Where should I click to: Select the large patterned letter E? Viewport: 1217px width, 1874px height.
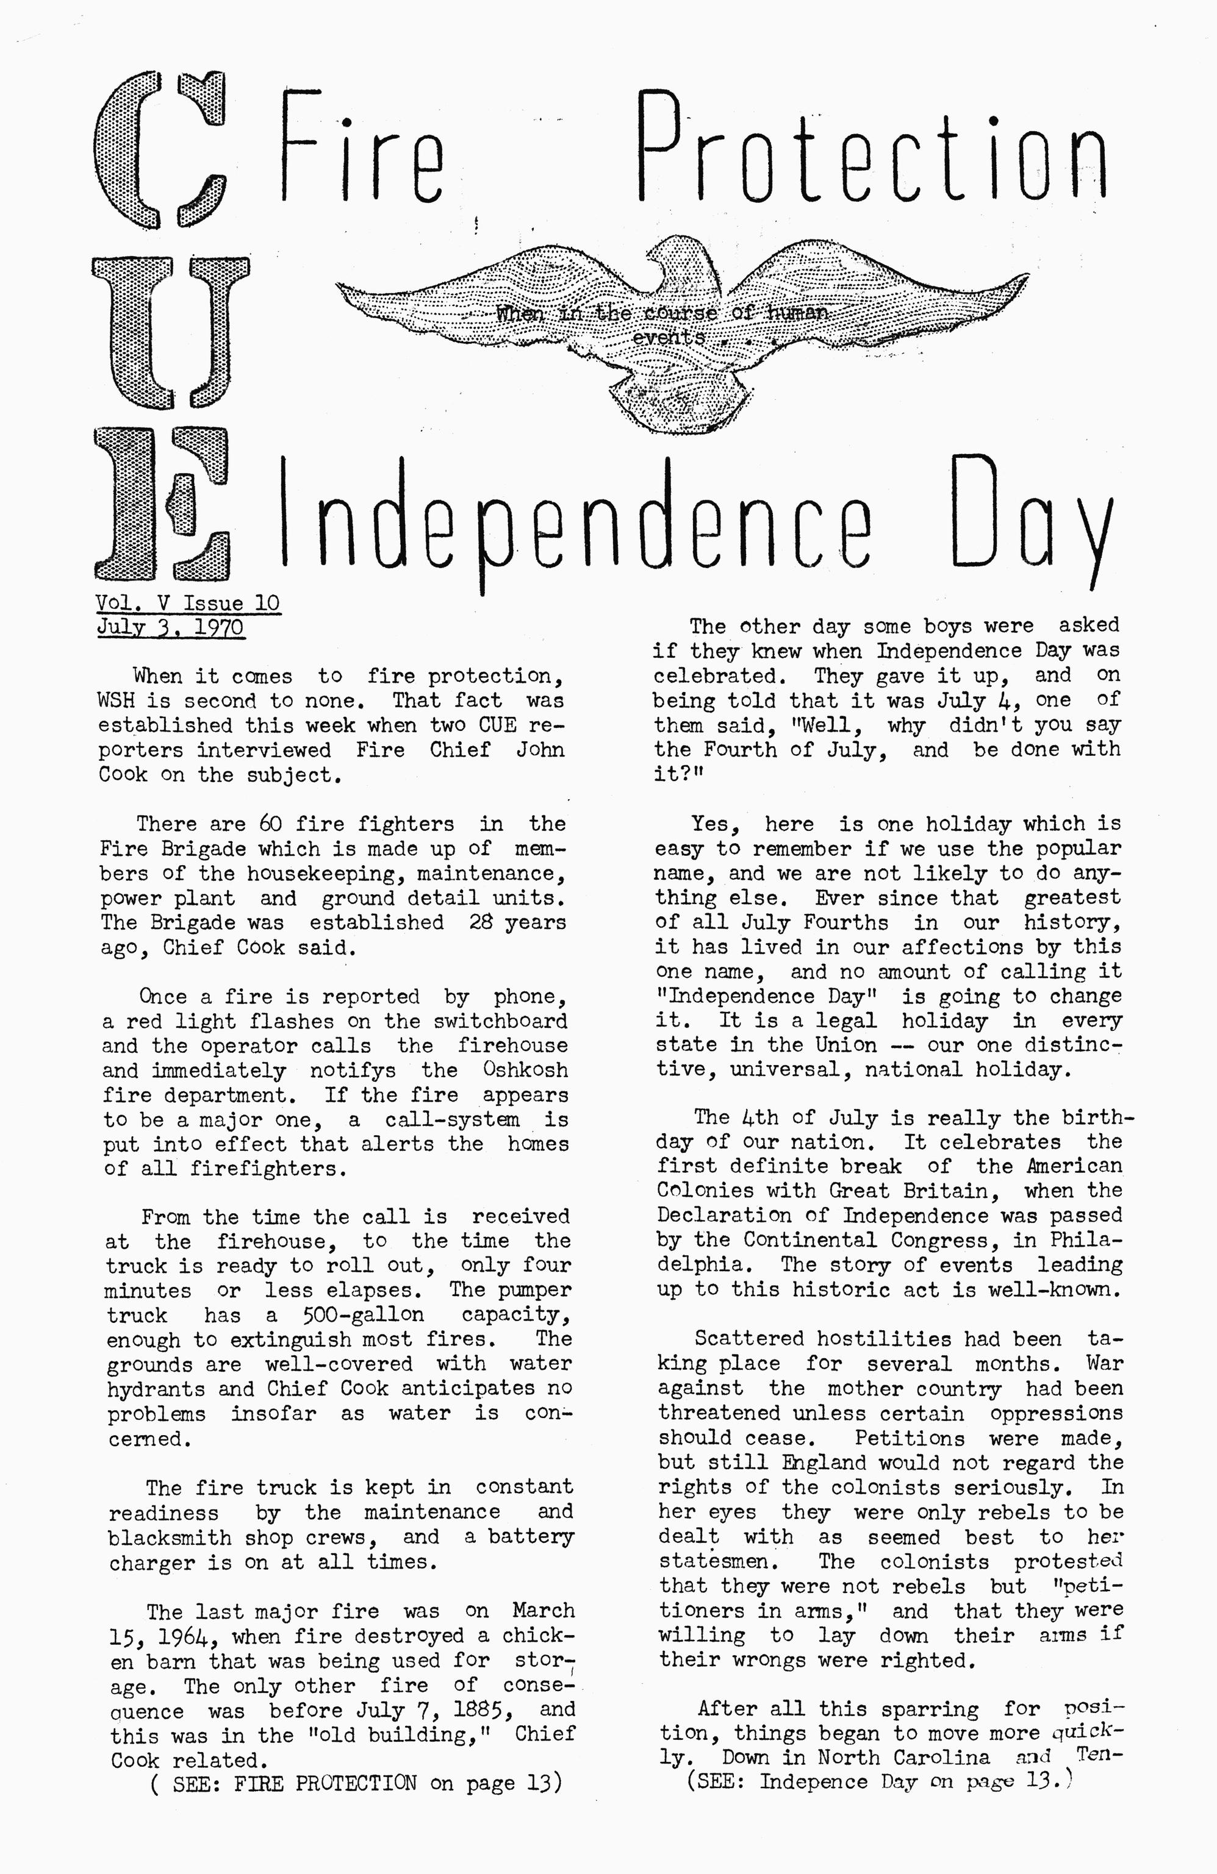[162, 504]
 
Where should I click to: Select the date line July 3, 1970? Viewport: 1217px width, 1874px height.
[170, 627]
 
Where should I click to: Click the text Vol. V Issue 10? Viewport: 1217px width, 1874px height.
[187, 603]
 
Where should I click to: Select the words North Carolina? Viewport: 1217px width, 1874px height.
[903, 1757]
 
